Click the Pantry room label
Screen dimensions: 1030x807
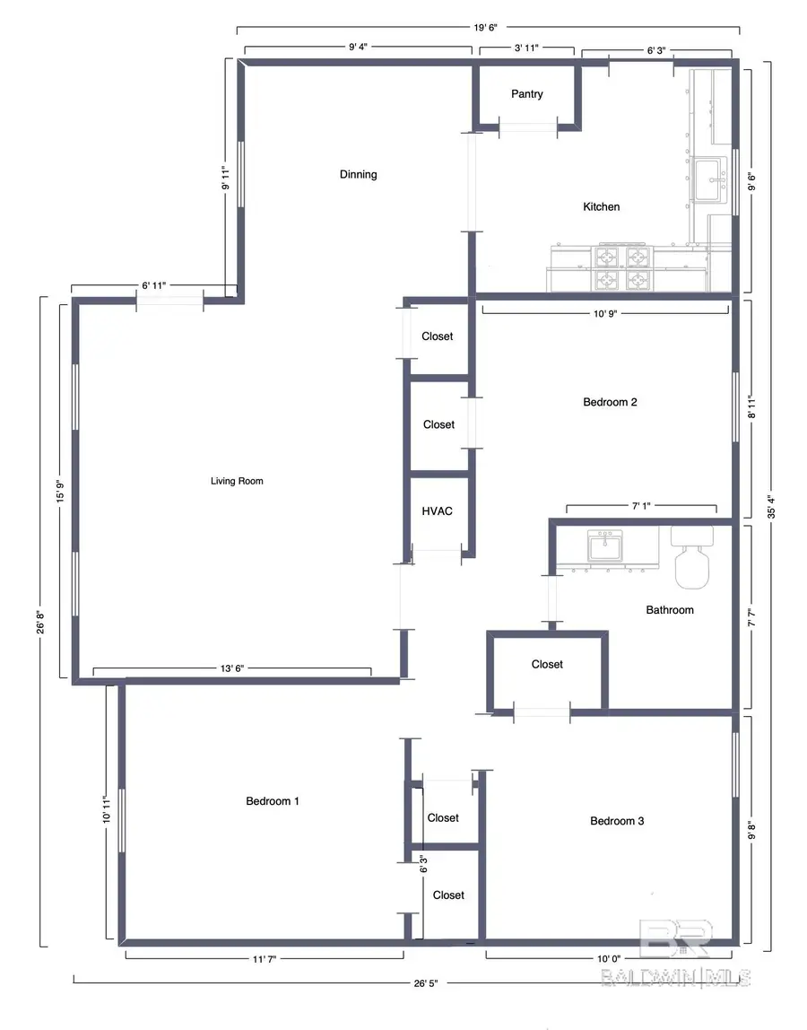[526, 94]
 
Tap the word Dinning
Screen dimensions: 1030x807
[358, 174]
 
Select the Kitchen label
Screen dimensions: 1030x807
[601, 207]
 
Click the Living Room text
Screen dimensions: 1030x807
[237, 481]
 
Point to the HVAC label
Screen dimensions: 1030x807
[438, 511]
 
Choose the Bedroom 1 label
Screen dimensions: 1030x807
[273, 801]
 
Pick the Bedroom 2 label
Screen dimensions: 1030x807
[610, 402]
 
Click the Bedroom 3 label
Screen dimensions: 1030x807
[617, 821]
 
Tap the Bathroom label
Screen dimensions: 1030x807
[670, 610]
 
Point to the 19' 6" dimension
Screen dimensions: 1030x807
[487, 28]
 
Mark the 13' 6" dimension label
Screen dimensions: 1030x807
[231, 668]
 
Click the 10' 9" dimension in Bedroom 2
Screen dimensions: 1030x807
[606, 313]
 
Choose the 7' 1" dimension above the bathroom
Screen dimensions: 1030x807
[641, 507]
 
